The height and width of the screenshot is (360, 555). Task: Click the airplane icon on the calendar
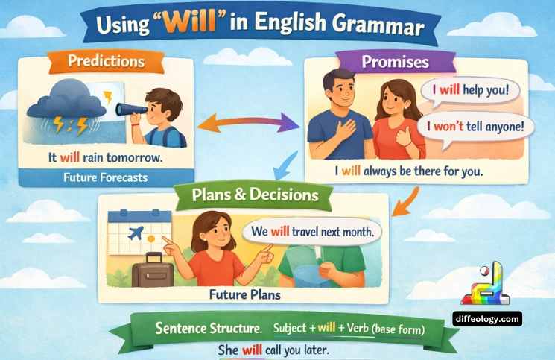[x=136, y=232]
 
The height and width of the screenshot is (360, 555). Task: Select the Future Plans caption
[x=247, y=294]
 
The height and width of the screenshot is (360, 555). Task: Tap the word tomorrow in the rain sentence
[x=137, y=157]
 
